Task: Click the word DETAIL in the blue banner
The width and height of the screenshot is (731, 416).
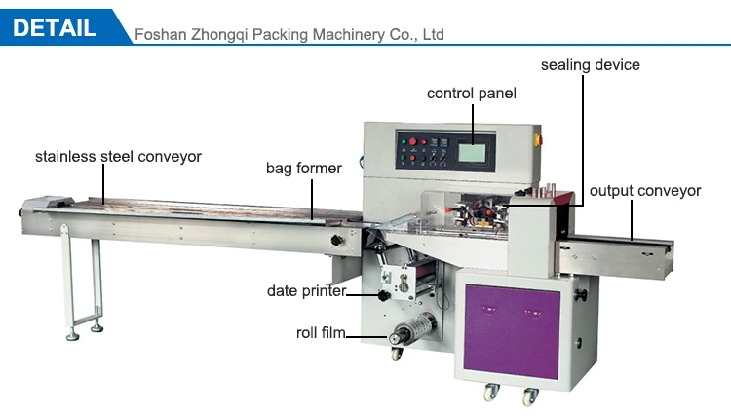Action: click(55, 27)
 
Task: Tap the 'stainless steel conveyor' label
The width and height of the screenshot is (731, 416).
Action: click(118, 156)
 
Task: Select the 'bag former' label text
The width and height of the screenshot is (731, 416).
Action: click(304, 169)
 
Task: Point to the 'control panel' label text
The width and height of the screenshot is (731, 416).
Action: click(472, 94)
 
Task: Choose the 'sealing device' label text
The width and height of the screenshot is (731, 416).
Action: click(591, 65)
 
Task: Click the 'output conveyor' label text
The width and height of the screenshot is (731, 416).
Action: click(644, 191)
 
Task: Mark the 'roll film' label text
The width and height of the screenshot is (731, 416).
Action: click(321, 333)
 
